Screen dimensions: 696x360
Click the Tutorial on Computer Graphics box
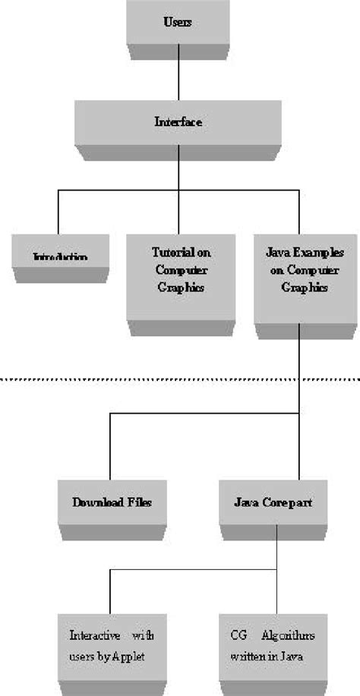tap(178, 272)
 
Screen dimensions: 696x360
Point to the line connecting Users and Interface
tap(178, 75)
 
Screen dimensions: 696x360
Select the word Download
tap(95, 502)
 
